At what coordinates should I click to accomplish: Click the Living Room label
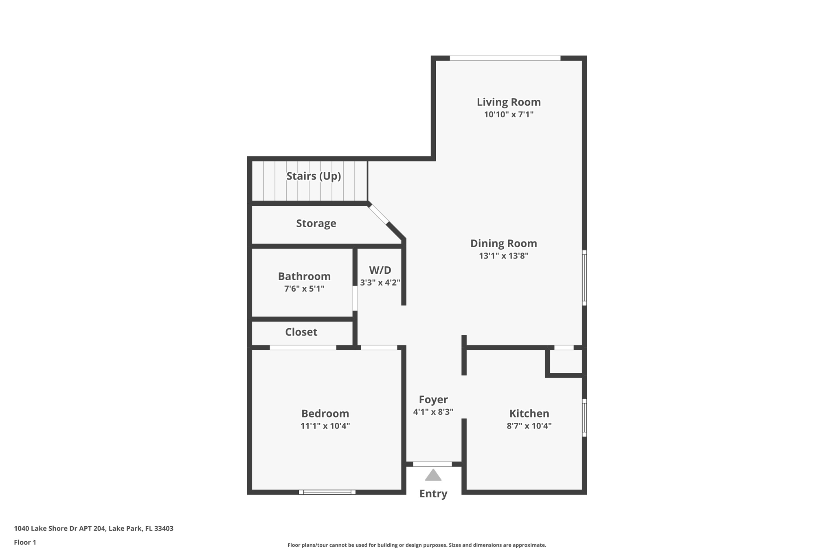pos(509,102)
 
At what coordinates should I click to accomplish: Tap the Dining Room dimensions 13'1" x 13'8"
pos(504,256)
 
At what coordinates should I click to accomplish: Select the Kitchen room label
pos(529,413)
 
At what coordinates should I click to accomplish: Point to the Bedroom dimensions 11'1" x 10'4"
pos(325,426)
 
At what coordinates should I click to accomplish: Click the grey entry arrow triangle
pos(433,475)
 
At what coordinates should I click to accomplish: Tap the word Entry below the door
pos(433,494)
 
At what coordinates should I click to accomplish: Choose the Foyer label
pos(433,400)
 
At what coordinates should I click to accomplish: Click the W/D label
pos(380,270)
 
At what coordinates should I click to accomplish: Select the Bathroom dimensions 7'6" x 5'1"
pos(304,289)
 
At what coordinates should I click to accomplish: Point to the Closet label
pos(301,332)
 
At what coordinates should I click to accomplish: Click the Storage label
pos(316,223)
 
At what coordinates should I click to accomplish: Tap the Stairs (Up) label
pos(314,176)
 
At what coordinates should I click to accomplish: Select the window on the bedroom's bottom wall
pos(327,492)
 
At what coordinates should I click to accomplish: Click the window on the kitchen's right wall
pos(584,418)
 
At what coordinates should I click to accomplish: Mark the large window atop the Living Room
pos(505,58)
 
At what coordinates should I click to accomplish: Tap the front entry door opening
pos(432,464)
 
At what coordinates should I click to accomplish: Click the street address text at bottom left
pos(94,528)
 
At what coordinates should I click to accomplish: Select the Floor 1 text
pos(25,542)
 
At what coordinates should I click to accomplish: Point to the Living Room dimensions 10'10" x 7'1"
pos(509,114)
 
